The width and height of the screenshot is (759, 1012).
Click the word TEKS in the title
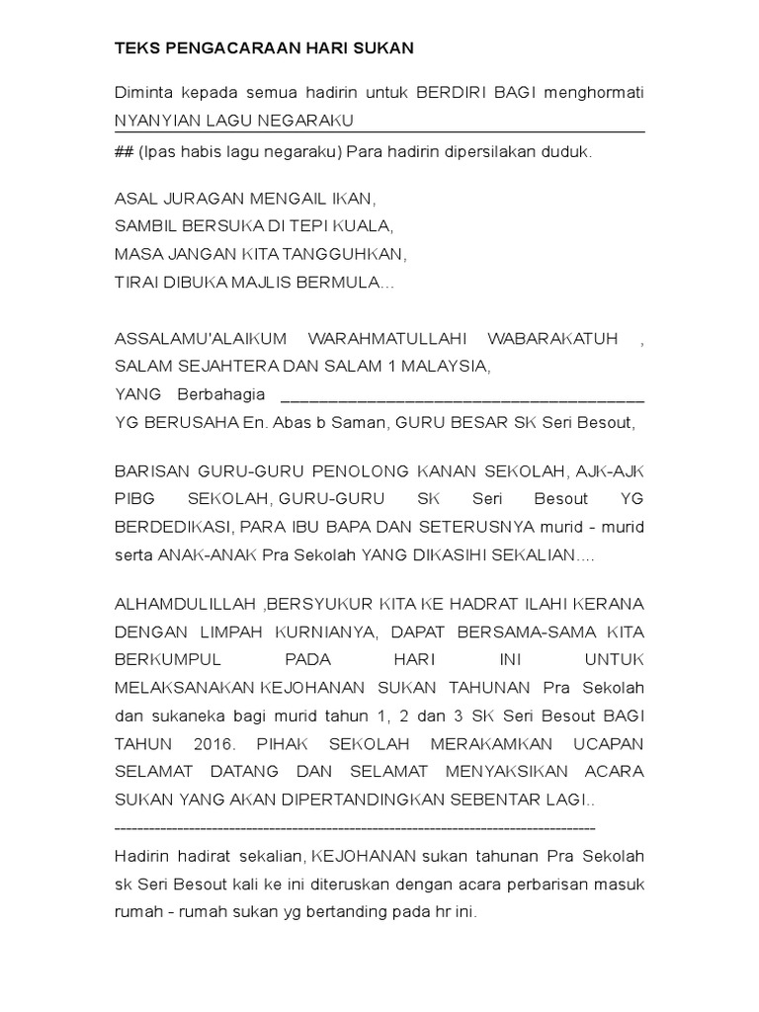coord(135,47)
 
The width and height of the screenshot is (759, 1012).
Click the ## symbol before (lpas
coord(125,152)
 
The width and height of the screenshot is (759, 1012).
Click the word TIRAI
coord(135,282)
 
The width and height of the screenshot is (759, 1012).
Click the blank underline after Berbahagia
coord(463,397)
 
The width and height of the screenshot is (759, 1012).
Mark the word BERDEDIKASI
coord(171,527)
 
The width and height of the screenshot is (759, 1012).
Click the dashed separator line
coord(355,826)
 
